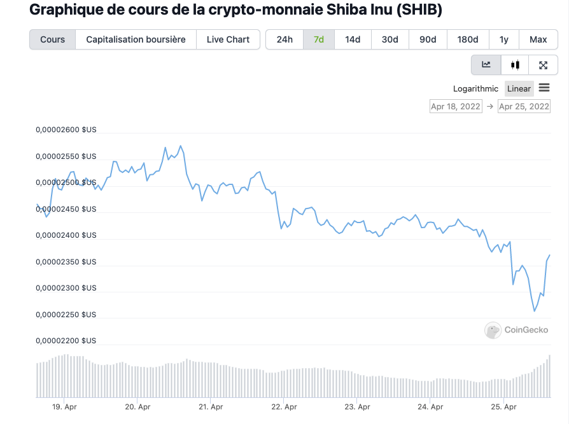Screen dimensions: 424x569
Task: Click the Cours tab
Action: pos(52,39)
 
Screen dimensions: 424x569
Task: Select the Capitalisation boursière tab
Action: pos(136,39)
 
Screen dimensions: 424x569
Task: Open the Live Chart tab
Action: pos(228,39)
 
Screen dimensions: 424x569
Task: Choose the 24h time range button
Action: pos(284,39)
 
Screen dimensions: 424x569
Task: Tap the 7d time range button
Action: pos(319,39)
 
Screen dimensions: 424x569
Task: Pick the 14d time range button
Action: pos(353,39)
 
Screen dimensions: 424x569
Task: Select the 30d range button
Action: pos(390,39)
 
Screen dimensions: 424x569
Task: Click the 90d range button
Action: pos(428,39)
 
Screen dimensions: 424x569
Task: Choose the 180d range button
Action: pos(468,39)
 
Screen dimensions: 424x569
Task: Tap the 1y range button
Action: pos(504,39)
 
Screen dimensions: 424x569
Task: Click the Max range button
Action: pos(538,39)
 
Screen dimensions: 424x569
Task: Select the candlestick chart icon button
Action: pos(515,64)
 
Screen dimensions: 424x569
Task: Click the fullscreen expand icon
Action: pos(543,64)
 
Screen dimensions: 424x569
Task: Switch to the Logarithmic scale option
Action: pos(475,88)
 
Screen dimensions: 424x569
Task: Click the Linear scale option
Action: pos(519,88)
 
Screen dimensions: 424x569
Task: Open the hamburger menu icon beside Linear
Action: pos(544,88)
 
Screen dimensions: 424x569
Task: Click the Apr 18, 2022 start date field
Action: pos(456,106)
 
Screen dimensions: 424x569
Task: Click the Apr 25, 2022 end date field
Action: pos(524,106)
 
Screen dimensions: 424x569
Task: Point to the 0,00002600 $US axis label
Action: pos(66,130)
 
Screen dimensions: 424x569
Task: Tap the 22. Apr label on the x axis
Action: pos(284,407)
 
